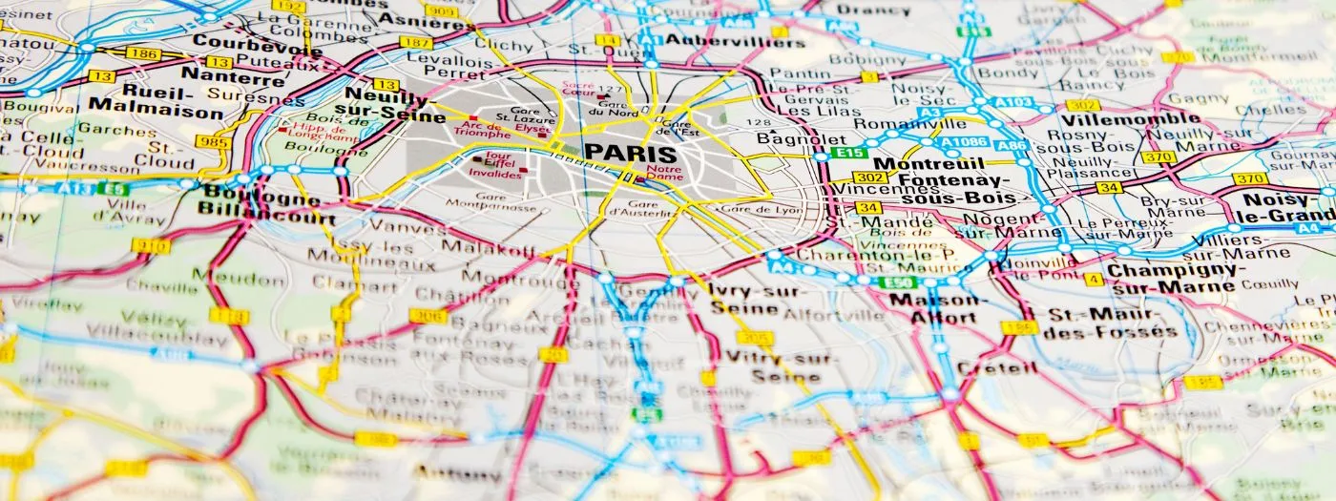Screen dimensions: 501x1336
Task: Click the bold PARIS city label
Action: click(x=630, y=153)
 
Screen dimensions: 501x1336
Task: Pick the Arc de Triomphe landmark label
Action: click(x=482, y=129)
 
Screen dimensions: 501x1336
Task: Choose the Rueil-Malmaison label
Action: click(x=155, y=103)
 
